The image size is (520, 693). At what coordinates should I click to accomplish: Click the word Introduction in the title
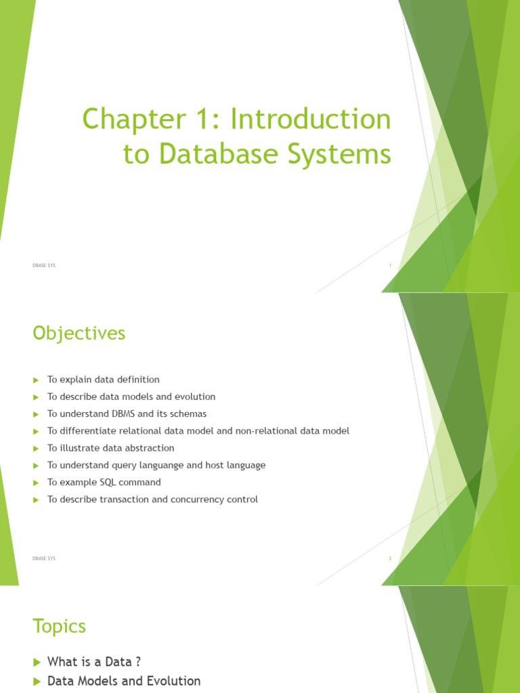click(311, 120)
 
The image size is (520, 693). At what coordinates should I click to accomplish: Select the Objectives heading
click(79, 334)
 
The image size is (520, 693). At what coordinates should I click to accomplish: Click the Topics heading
click(60, 627)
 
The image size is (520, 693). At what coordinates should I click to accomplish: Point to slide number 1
click(390, 266)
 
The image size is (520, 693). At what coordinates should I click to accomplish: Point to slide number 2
click(390, 558)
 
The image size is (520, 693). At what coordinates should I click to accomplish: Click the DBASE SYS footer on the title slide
click(44, 266)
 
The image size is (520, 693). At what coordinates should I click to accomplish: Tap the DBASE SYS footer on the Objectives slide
click(44, 558)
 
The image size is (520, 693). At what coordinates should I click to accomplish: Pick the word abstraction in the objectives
click(149, 448)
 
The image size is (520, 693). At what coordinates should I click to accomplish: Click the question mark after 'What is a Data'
click(137, 662)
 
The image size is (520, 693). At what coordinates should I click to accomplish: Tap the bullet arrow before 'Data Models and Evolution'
click(37, 681)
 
